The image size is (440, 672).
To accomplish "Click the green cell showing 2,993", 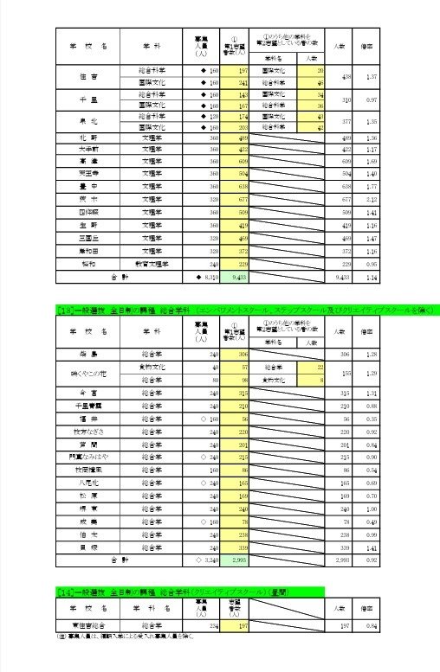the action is (x=237, y=560).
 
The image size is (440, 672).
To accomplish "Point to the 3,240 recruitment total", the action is (x=204, y=560).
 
